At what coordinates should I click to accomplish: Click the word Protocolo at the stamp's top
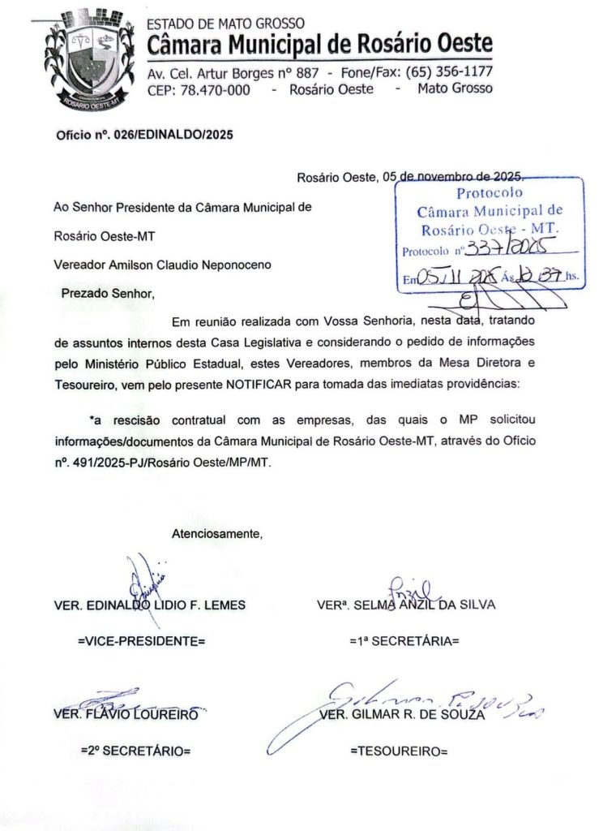point(490,193)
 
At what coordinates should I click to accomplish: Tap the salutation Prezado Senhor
point(107,292)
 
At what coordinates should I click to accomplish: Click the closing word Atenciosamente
point(217,533)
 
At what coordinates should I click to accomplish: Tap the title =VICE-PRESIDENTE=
point(141,641)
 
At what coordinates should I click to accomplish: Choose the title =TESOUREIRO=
point(399,751)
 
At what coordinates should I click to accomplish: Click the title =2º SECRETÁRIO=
point(135,751)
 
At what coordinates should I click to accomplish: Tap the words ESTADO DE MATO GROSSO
point(226,24)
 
